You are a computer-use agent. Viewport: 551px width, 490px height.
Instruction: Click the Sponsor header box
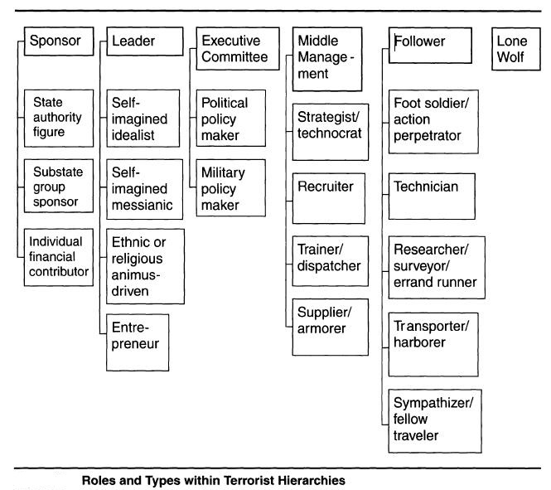point(59,41)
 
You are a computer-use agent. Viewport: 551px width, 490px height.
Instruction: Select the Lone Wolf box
point(516,49)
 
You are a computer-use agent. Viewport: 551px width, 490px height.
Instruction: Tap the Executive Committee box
point(238,49)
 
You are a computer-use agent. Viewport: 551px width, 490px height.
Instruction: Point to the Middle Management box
point(327,59)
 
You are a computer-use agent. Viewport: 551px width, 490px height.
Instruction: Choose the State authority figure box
point(59,118)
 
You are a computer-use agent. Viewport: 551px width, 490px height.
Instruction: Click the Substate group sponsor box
point(59,186)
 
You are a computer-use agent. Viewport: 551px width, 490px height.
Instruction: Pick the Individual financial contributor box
point(59,257)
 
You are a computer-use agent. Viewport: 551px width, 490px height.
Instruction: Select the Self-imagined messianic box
point(144,189)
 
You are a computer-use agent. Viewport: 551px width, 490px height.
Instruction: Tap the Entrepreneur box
point(138,342)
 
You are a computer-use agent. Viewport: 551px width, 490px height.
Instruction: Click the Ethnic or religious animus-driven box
point(145,266)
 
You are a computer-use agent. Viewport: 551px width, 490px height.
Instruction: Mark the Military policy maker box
point(231,187)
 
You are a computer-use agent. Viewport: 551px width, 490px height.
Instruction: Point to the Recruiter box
point(329,198)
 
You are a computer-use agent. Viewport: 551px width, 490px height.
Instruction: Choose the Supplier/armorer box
point(331,327)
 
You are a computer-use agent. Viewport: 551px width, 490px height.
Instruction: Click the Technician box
point(432,196)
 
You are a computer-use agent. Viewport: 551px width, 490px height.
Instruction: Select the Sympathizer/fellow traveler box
point(435,420)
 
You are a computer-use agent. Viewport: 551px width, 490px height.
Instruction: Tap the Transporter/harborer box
point(433,344)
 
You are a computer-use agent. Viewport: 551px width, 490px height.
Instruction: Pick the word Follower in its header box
point(419,41)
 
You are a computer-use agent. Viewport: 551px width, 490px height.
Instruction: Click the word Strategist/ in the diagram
point(328,117)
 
